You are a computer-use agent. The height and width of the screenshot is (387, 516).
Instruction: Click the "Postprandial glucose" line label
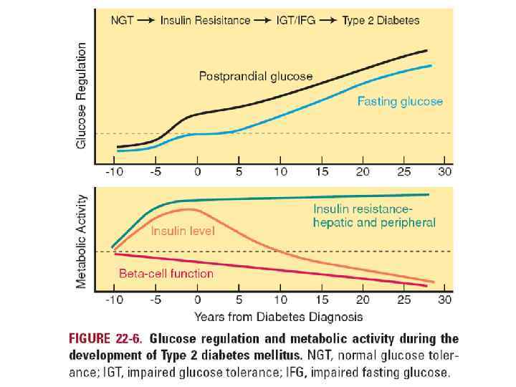tap(255, 77)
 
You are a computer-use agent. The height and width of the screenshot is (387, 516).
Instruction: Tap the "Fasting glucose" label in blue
tap(400, 101)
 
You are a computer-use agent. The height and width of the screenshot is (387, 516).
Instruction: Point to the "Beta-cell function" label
tap(166, 273)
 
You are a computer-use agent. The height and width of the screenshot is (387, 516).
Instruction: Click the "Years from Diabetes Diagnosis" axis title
tap(278, 316)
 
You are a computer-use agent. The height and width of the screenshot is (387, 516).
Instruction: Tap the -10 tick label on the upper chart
tap(114, 172)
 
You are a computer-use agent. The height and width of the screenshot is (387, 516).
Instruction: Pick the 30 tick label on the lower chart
tap(445, 299)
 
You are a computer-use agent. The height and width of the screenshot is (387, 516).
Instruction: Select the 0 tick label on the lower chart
tap(197, 299)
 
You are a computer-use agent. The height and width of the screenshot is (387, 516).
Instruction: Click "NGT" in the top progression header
tap(122, 20)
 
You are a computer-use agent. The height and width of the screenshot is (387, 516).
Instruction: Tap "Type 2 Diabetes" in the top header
tap(381, 20)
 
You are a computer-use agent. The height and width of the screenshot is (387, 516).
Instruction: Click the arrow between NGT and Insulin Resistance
tap(145, 20)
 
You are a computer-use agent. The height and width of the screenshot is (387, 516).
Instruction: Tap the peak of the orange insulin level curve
tap(188, 209)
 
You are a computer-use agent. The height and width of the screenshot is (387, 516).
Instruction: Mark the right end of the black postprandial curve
tap(427, 50)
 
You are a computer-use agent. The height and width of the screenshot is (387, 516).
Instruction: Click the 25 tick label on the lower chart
tap(403, 299)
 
